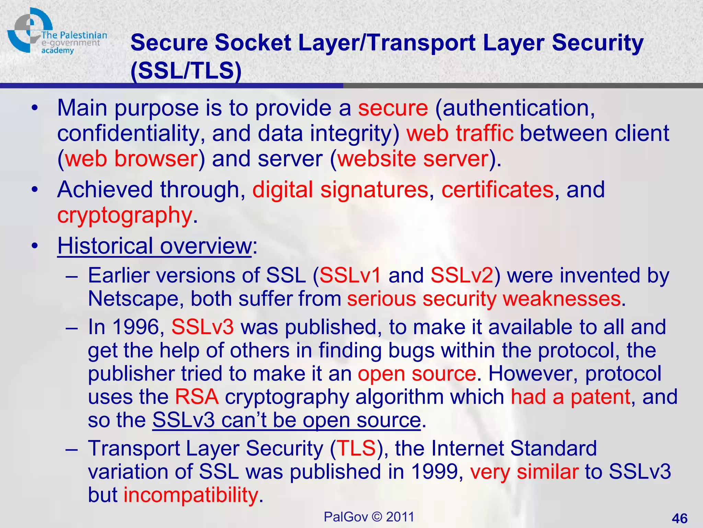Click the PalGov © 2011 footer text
[369, 517]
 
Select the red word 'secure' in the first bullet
[393, 108]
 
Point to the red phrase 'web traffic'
[460, 133]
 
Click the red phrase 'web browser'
[131, 159]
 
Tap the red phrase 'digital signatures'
[340, 190]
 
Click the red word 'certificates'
[497, 190]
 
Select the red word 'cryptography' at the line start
[124, 216]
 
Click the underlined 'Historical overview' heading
[154, 246]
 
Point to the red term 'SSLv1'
[350, 276]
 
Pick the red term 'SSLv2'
[462, 276]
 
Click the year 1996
[136, 327]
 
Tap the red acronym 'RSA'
[197, 397]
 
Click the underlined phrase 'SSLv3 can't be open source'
[287, 420]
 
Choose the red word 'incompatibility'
[191, 495]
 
